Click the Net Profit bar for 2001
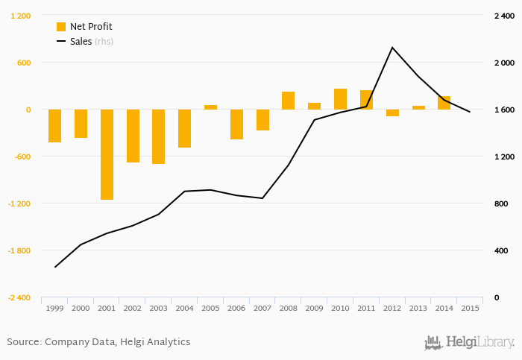[107, 154]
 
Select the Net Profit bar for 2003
[158, 136]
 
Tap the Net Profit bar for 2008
[288, 101]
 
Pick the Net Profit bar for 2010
[340, 99]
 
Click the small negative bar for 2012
[392, 113]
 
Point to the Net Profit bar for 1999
[54, 126]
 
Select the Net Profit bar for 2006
[236, 124]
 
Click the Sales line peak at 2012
[392, 48]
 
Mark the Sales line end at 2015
[469, 112]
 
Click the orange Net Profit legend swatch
[61, 27]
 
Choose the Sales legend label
[81, 42]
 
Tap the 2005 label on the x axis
[210, 308]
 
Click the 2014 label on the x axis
[444, 308]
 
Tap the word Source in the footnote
[24, 342]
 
